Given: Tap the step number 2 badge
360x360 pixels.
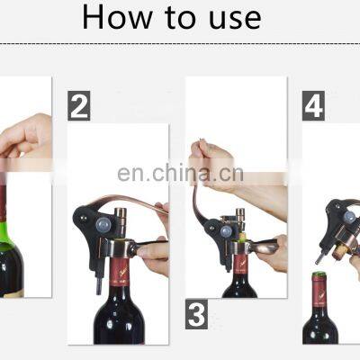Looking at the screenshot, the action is [79, 106].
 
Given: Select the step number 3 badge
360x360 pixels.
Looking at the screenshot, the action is [196, 314].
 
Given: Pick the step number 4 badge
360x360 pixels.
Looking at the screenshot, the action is [313, 106].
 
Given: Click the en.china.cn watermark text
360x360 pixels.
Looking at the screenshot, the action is [180, 174].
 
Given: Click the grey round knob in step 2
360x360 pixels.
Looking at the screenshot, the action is [103, 224].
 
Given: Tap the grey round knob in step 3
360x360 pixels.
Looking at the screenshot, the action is [226, 232].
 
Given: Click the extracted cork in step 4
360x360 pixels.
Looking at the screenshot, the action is [340, 252].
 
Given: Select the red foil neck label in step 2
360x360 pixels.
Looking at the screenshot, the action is [120, 272].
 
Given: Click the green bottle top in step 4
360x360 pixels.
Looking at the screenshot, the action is [319, 274].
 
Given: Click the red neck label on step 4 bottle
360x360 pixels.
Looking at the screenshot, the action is [319, 292].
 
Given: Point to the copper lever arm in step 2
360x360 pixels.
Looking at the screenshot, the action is [132, 202].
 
